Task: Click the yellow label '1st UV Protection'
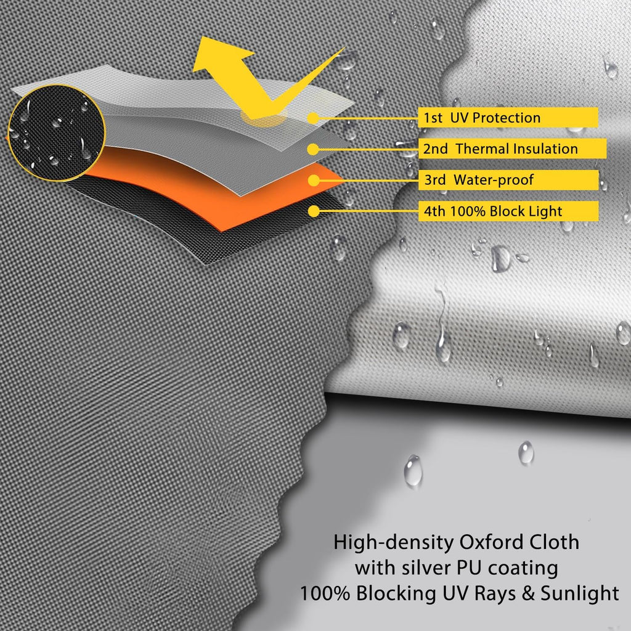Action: click(508, 118)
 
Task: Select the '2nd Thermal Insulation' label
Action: click(512, 149)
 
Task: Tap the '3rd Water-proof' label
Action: click(508, 180)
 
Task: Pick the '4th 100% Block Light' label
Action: click(508, 211)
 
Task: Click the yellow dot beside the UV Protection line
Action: click(313, 118)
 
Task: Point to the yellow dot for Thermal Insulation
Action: click(313, 149)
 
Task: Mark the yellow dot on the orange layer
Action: click(314, 181)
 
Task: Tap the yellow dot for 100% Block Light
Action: click(314, 211)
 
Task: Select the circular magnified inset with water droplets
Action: click(56, 133)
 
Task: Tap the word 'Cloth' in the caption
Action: click(554, 542)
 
